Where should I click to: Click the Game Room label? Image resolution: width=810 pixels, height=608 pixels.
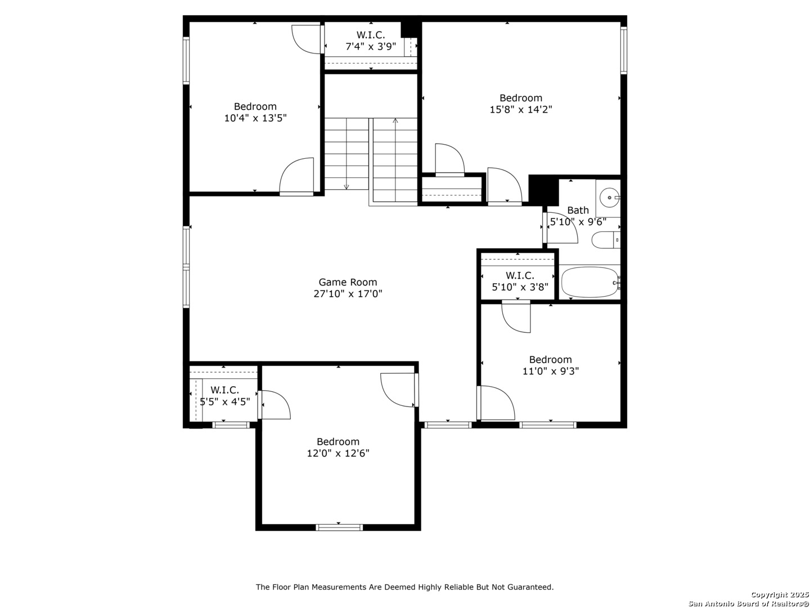click(x=348, y=283)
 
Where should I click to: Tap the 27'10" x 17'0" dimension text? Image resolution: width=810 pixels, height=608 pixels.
click(x=348, y=294)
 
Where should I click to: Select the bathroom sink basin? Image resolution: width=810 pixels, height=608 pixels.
click(x=609, y=198)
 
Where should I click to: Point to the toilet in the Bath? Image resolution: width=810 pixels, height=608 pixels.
click(x=606, y=240)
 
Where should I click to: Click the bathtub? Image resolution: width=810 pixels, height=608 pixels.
click(x=590, y=283)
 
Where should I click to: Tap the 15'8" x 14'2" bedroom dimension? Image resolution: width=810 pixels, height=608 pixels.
click(x=521, y=110)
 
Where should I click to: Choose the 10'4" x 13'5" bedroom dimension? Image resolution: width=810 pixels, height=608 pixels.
click(x=255, y=118)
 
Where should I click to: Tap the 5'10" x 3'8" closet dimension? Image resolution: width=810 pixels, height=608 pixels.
click(x=520, y=287)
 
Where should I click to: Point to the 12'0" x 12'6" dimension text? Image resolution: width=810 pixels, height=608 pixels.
click(x=338, y=453)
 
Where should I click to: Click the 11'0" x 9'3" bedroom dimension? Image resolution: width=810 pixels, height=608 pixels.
click(x=551, y=371)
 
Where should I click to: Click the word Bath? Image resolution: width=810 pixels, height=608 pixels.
click(x=578, y=211)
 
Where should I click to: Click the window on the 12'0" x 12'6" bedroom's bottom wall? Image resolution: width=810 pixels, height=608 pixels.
click(x=339, y=527)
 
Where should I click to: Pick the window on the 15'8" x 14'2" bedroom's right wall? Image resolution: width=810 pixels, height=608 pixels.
click(x=624, y=51)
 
